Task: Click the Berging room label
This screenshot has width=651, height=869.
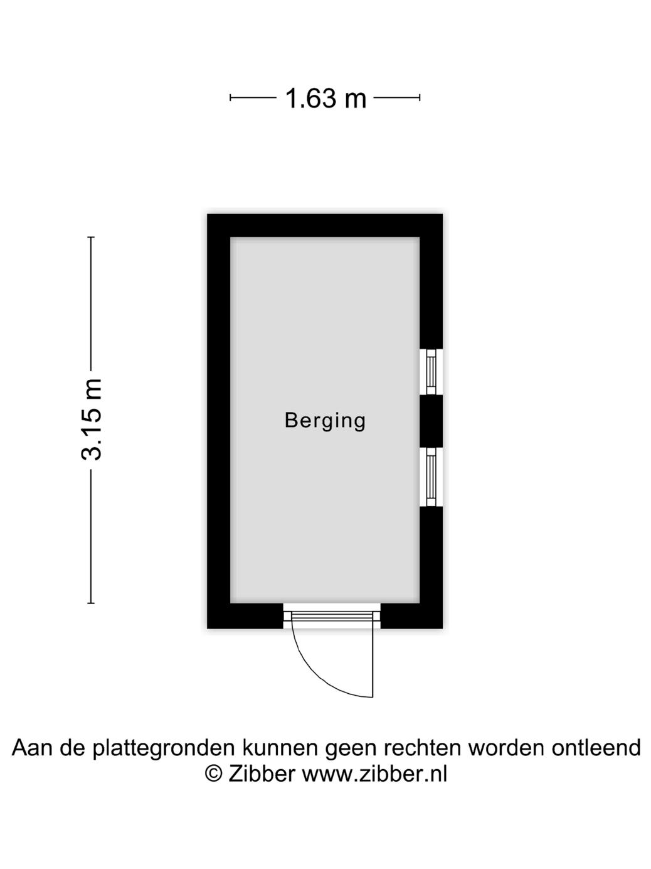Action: [325, 420]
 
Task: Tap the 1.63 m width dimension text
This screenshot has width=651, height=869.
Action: [325, 99]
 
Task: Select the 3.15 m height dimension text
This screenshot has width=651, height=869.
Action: [92, 419]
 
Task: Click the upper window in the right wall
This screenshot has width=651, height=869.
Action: [431, 372]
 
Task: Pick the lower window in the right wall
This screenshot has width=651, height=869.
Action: [431, 477]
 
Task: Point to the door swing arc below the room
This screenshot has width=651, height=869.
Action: [320, 675]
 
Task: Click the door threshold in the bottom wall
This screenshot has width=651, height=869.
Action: [332, 616]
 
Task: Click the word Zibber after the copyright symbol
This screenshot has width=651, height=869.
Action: [261, 774]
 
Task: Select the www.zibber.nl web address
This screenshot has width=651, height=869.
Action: [374, 774]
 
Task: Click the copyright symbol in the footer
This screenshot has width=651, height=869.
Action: [214, 774]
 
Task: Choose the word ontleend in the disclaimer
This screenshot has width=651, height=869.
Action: [596, 748]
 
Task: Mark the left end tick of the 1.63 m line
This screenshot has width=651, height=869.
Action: [231, 97]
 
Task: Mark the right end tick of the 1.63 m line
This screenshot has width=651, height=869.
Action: [420, 97]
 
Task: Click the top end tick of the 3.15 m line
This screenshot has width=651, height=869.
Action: [91, 237]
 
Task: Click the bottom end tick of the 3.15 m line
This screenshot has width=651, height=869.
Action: [91, 603]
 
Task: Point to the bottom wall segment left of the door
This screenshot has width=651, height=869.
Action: [245, 616]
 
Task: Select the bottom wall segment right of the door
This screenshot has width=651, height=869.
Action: [411, 616]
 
